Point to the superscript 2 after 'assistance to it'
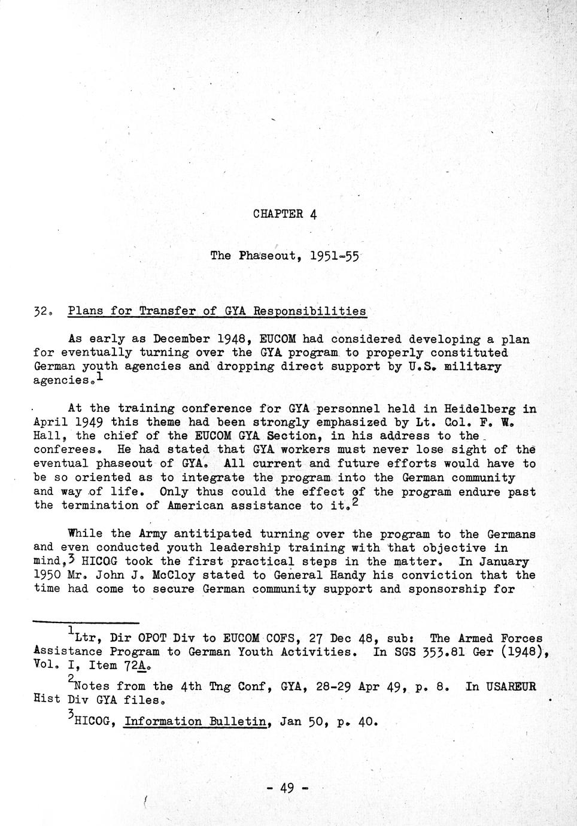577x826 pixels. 355,502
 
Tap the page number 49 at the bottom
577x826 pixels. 287,788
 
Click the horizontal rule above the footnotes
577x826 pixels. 86,622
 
